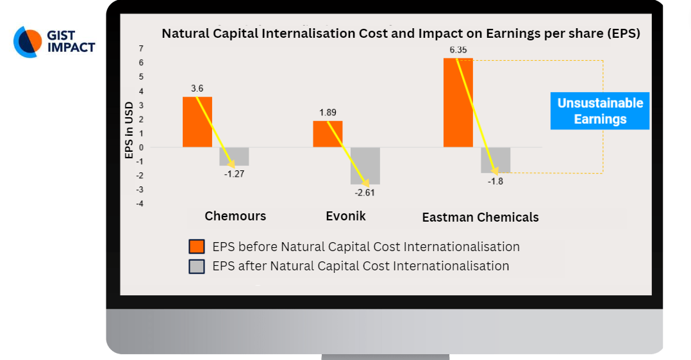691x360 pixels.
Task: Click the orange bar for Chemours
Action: tap(197, 122)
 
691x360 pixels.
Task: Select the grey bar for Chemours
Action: tap(235, 156)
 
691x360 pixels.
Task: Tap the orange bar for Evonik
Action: tap(328, 134)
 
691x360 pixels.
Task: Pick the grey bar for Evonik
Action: tap(365, 166)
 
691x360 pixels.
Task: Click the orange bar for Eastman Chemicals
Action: tap(458, 102)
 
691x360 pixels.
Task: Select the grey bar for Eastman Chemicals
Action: tap(495, 160)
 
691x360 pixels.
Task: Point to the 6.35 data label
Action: tap(458, 50)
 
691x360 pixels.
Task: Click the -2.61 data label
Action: tap(365, 193)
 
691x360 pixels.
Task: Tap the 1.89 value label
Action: tap(328, 112)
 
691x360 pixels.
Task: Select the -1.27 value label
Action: tap(234, 174)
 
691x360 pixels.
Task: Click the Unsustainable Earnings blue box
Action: tap(600, 111)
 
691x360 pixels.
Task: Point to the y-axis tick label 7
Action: tap(141, 49)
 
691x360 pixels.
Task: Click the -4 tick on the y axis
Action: tap(140, 204)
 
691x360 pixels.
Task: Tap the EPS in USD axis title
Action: tap(129, 131)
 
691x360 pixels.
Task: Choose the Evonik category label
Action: tap(345, 216)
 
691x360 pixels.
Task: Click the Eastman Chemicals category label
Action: tap(480, 217)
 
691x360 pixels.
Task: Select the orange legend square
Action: tap(197, 247)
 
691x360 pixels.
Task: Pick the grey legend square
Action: tap(197, 266)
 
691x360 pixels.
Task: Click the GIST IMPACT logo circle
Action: tap(28, 42)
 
